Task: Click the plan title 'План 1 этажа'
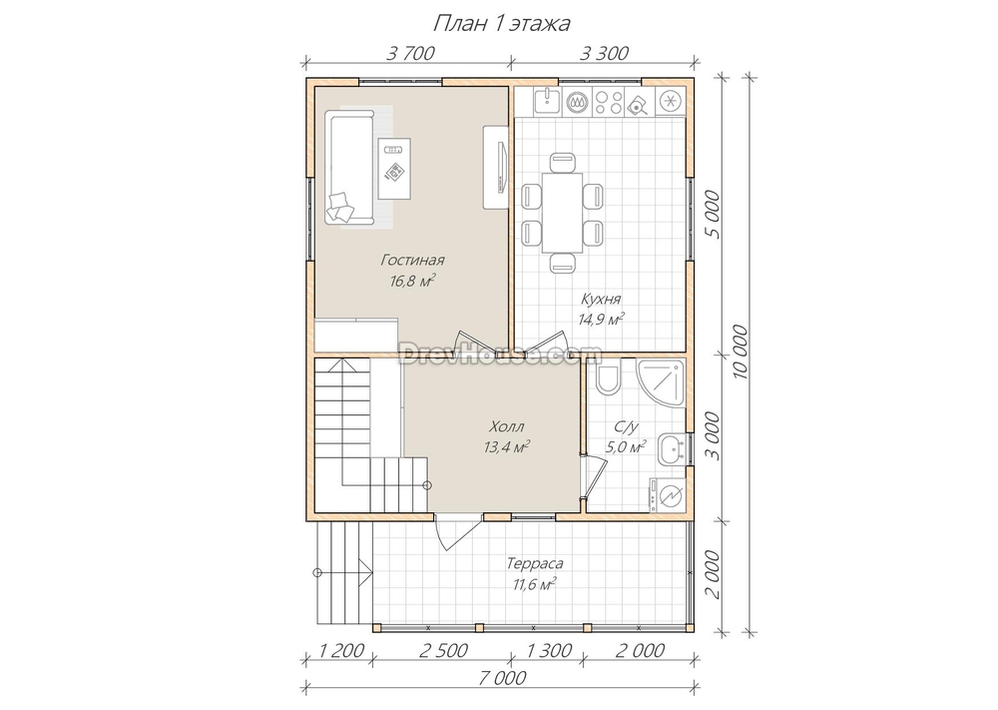coord(502,24)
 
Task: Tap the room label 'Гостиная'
coord(412,260)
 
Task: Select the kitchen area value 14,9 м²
coord(601,319)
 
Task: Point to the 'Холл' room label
coord(507,426)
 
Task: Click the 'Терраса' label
coord(535,563)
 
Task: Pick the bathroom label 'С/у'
coord(627,426)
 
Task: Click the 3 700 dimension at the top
coord(410,54)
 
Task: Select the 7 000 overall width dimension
coord(502,677)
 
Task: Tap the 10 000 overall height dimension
coord(741,353)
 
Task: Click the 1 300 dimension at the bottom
coord(548,651)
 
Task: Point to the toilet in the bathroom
coord(609,378)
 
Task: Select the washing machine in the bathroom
coord(667,494)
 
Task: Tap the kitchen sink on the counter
coord(547,101)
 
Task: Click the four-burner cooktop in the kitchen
coord(609,101)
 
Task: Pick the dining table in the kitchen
coord(562,213)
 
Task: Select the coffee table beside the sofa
coord(394,169)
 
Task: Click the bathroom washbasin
coord(672,449)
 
